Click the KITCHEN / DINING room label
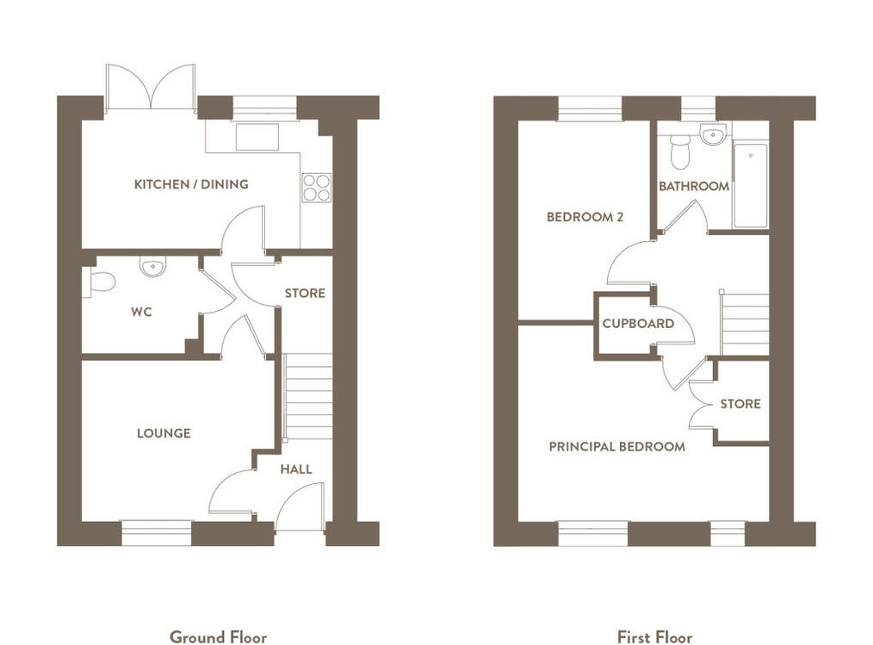pyautogui.click(x=191, y=184)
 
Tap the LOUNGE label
pyautogui.click(x=164, y=433)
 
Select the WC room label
pyautogui.click(x=141, y=312)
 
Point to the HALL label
pyautogui.click(x=295, y=469)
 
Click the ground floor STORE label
pyautogui.click(x=305, y=293)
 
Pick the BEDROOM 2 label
pyautogui.click(x=585, y=217)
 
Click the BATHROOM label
pyautogui.click(x=694, y=186)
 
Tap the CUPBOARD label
pyautogui.click(x=638, y=323)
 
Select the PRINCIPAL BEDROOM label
pyautogui.click(x=617, y=446)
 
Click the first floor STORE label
pyautogui.click(x=740, y=404)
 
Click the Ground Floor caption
pyautogui.click(x=219, y=637)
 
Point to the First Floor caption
pyautogui.click(x=654, y=637)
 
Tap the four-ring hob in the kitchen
pyautogui.click(x=316, y=187)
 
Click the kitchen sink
pyautogui.click(x=257, y=137)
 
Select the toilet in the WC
pyautogui.click(x=98, y=282)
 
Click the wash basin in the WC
pyautogui.click(x=152, y=266)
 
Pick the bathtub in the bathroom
pyautogui.click(x=750, y=185)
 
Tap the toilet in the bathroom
pyautogui.click(x=680, y=152)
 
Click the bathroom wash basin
pyautogui.click(x=713, y=134)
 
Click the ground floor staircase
pyautogui.click(x=308, y=397)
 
